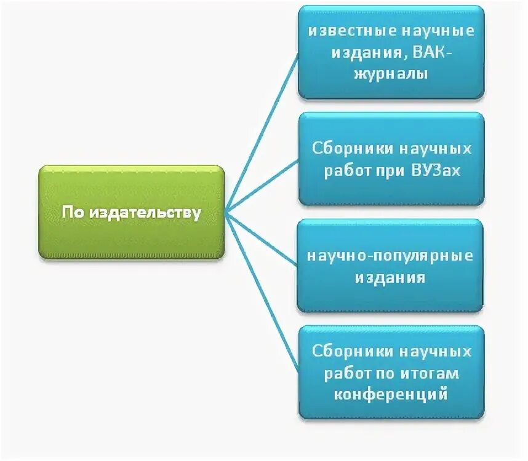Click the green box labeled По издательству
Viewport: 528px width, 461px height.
pos(132,213)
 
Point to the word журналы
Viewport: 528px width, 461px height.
pos(391,74)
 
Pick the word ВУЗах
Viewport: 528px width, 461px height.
pos(438,170)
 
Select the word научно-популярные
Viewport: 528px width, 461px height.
pos(391,256)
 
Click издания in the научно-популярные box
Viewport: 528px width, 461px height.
pos(390,277)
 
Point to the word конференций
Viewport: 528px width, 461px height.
pos(391,394)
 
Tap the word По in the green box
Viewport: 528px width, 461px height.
pos(73,213)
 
